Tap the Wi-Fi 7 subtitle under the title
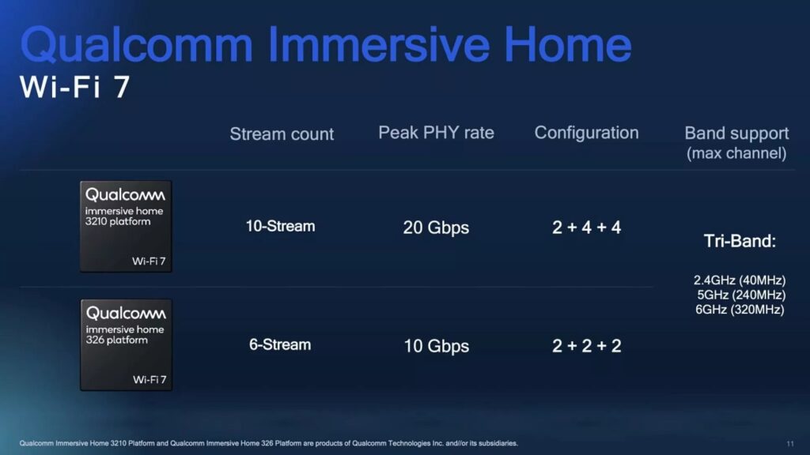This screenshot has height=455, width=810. tap(74, 88)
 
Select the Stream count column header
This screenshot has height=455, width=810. tap(282, 134)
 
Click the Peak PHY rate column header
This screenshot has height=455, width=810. tap(436, 133)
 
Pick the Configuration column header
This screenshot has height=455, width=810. tap(586, 133)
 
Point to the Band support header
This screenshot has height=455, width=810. tap(736, 133)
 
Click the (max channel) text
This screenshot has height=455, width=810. tap(736, 153)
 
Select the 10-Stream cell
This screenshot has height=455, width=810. tap(280, 227)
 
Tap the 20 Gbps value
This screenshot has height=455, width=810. tap(436, 228)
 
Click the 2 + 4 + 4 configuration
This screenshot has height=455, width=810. tap(586, 228)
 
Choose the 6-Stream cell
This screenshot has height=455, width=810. tap(280, 345)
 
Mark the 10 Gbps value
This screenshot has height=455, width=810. tap(436, 347)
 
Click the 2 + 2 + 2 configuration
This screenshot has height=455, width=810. tap(586, 347)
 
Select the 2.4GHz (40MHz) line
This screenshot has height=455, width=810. tap(740, 280)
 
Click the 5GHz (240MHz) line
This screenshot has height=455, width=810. tap(740, 295)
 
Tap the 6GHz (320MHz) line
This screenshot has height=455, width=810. tap(740, 310)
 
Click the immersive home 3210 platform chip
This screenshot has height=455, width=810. tap(126, 226)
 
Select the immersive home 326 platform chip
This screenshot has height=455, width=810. tap(126, 344)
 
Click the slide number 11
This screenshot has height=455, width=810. tap(790, 443)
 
